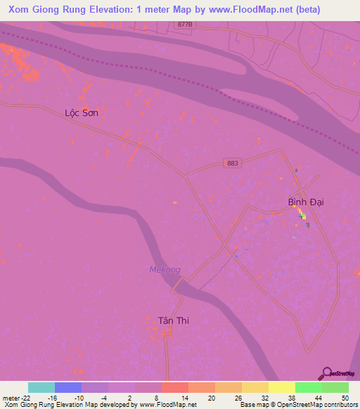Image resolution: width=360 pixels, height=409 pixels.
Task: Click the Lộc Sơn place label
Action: point(81,112)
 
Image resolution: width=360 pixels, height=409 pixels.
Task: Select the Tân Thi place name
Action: point(173,320)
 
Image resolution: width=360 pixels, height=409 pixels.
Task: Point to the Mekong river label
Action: point(165,269)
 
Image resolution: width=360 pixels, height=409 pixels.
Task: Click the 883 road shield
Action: point(233,163)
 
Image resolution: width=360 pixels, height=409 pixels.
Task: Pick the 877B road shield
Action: point(185,24)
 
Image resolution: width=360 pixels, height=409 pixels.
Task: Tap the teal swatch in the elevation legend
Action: point(41,387)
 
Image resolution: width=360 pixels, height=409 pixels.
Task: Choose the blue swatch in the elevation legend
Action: point(67,387)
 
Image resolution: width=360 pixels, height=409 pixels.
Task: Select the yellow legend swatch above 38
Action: point(281,387)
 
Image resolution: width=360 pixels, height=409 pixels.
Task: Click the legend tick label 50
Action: point(345,397)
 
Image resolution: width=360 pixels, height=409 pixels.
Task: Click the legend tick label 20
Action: point(211,397)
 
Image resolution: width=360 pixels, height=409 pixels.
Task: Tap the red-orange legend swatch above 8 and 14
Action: point(174,387)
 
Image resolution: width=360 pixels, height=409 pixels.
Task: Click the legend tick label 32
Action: point(264,397)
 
